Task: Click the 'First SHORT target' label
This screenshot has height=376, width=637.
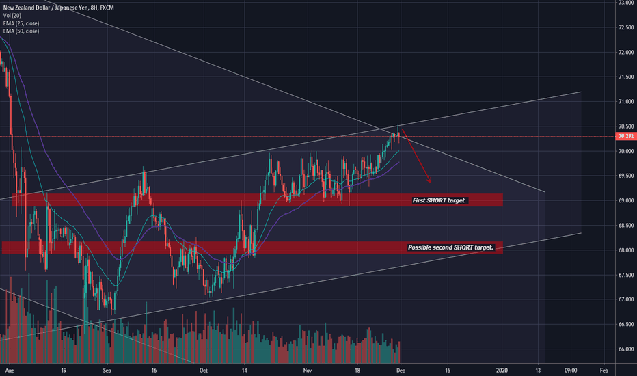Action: [439, 201]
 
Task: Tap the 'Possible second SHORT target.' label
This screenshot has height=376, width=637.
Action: [450, 247]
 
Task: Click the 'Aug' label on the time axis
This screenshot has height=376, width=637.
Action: [10, 371]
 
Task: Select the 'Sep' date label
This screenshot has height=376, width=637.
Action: [107, 371]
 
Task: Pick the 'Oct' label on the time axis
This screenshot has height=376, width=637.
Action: [203, 371]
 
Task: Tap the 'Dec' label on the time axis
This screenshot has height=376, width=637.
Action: [402, 371]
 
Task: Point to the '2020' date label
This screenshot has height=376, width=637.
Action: [502, 371]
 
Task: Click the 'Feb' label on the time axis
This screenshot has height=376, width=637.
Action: [604, 371]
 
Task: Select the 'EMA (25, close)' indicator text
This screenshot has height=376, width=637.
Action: [21, 23]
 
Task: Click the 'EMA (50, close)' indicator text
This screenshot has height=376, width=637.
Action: [21, 31]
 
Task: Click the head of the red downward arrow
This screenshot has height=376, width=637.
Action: [430, 181]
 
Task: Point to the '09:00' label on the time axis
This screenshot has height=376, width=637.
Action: [571, 371]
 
